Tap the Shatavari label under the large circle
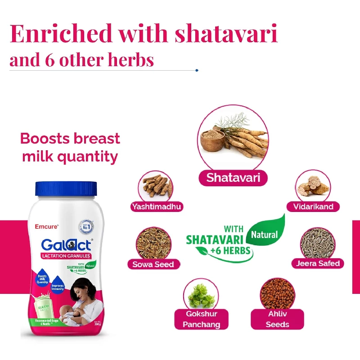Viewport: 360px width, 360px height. [233, 177]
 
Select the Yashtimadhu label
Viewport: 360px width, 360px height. [157, 207]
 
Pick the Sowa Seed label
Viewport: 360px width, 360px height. [153, 264]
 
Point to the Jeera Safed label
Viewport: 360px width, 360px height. [318, 263]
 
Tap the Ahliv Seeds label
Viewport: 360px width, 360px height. [278, 319]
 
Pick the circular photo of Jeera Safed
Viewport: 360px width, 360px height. [318, 243]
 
